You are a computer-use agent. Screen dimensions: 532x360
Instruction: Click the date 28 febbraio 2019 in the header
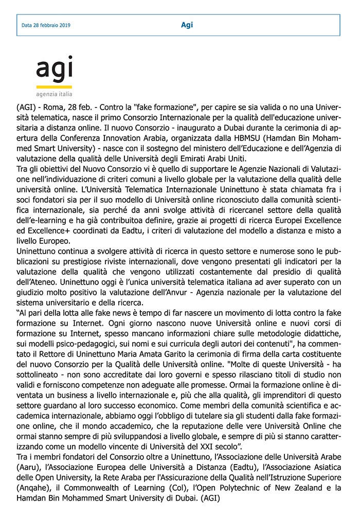(46, 25)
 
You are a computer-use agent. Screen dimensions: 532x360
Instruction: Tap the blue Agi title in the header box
(187, 25)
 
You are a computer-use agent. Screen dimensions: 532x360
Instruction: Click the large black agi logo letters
(54, 69)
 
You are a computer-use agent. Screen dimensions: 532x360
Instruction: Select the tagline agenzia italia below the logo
(54, 95)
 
